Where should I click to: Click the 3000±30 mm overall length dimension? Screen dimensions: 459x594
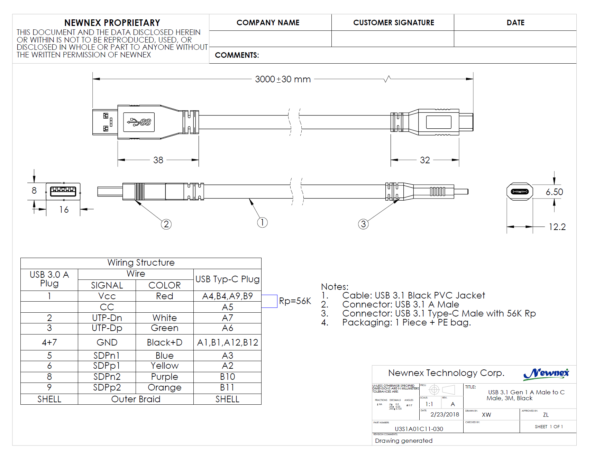point(283,79)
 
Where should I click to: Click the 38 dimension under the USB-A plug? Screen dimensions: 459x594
point(158,160)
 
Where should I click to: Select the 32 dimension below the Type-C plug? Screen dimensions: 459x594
point(425,160)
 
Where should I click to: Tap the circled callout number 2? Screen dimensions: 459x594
point(166,224)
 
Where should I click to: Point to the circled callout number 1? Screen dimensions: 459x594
point(262,222)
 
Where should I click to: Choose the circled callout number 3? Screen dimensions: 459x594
point(363,224)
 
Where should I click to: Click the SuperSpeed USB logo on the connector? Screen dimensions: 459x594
point(139,122)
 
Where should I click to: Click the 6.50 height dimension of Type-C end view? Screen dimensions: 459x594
point(554,192)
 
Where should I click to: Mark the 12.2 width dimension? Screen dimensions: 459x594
point(557,227)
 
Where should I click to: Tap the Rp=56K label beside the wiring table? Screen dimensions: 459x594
point(295,301)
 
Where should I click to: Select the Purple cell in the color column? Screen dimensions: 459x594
point(164,377)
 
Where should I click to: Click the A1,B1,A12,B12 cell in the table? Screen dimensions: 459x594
point(227,342)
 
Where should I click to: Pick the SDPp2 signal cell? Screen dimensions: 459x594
point(107,387)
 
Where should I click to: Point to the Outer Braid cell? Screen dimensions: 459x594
point(136,399)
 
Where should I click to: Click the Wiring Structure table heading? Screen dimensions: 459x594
point(141,263)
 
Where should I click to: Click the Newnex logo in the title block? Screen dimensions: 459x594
point(546,374)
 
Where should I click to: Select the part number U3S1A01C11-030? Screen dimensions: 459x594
point(419,429)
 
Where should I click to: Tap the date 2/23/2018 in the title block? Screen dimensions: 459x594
point(445,414)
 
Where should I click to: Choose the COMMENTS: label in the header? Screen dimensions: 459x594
point(237,55)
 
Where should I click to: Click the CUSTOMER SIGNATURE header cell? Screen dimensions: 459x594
point(393,22)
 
